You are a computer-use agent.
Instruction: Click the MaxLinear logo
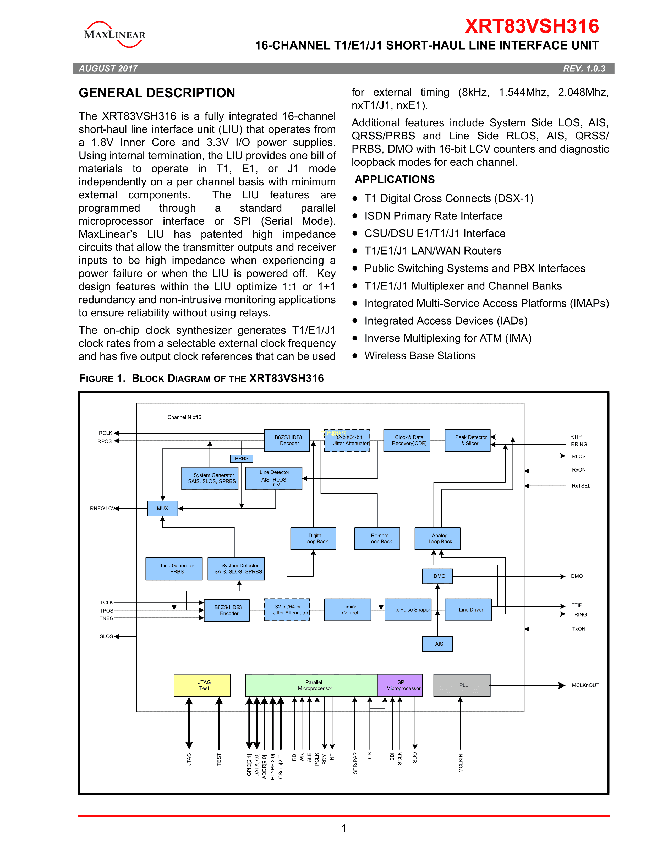114,34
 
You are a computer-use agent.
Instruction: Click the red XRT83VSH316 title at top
532,26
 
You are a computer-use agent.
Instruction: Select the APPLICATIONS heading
395,179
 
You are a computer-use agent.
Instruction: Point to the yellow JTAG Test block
202,685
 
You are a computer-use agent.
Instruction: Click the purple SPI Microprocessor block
400,685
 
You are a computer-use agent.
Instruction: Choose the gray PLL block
462,685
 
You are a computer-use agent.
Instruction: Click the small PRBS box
242,459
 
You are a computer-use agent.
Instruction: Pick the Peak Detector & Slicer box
467,440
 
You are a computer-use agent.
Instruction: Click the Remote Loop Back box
377,539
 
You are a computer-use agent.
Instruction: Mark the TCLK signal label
106,602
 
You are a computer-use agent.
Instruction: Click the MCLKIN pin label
461,763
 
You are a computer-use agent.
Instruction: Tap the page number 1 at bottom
343,828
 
